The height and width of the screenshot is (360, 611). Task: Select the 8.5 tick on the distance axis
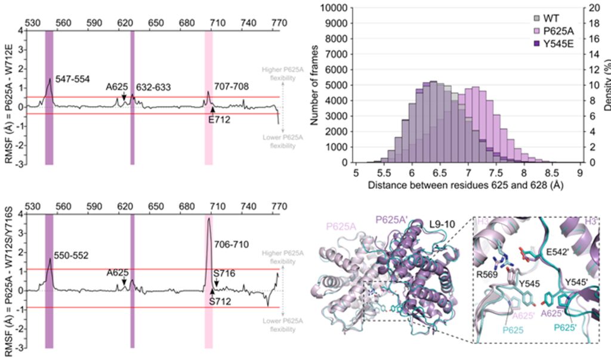point(552,173)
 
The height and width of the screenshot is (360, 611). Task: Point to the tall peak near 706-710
point(209,219)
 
